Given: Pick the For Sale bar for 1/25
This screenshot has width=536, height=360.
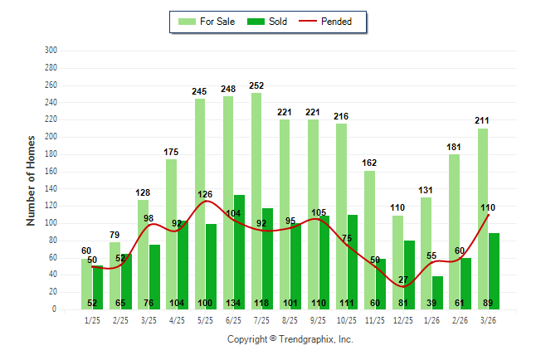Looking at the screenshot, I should pos(86,284).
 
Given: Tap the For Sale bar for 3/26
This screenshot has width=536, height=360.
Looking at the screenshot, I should pos(482,219).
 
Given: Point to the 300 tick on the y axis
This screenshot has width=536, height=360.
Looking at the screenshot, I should pos(51,51).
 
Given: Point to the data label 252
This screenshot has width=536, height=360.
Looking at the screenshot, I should pos(256,86).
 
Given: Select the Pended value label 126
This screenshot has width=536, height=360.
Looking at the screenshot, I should pos(205,194).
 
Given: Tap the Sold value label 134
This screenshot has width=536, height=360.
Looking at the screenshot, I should pos(239,302).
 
